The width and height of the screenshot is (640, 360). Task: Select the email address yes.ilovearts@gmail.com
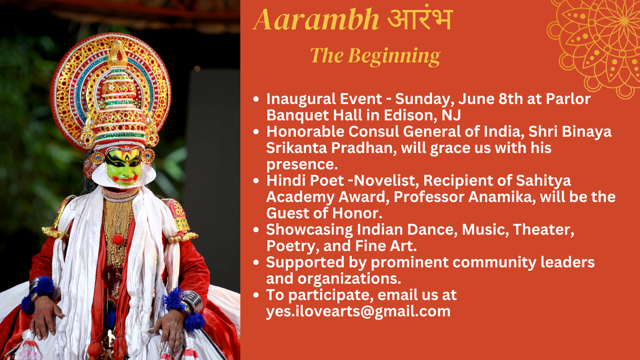pos(358,311)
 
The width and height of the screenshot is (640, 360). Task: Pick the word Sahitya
pos(543,181)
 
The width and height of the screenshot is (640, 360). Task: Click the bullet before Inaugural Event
pos(256,99)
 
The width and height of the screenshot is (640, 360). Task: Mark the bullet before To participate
pos(256,295)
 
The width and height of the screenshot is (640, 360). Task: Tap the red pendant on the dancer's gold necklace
pos(118,239)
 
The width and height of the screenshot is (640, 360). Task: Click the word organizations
pos(349,279)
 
